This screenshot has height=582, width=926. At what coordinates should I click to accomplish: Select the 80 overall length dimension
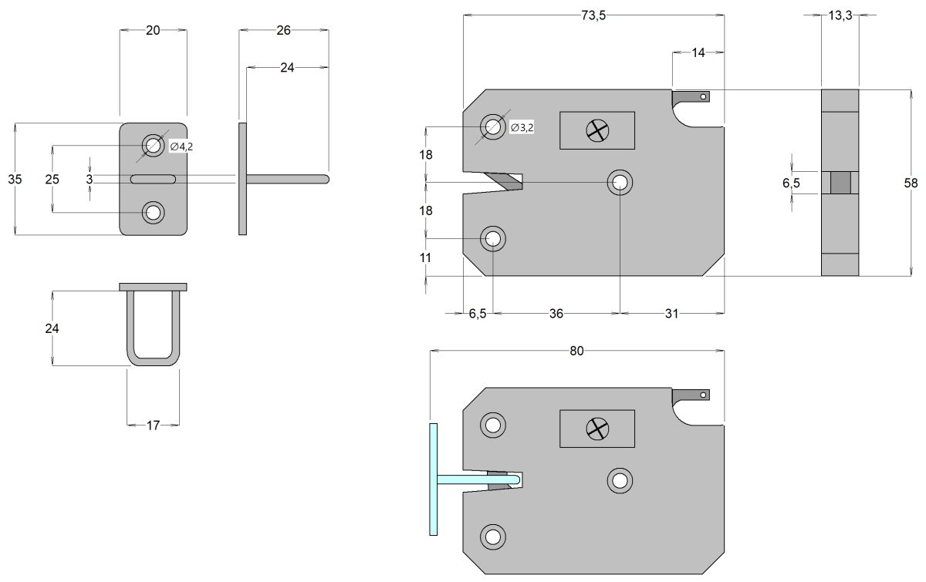pos(576,352)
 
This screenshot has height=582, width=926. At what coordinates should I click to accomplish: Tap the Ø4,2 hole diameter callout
pos(181,147)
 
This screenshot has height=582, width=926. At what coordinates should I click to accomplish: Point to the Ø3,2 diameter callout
pos(522,128)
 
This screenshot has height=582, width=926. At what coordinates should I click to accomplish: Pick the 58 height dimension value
pos(912,183)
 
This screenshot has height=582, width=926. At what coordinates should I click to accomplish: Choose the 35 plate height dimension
pos(15,179)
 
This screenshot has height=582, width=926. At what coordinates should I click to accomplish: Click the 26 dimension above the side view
pos(283,30)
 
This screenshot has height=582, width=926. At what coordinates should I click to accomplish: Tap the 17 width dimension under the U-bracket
pos(153,425)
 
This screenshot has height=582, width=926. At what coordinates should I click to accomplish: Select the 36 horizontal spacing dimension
pos(556,313)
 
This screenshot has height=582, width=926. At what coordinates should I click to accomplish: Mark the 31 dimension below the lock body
pos(671,313)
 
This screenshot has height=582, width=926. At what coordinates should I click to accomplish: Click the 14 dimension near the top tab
pos(698,53)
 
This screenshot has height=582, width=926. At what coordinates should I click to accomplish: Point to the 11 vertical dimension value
pos(426,257)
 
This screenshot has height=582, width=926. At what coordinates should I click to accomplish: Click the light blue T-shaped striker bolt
pos(434,479)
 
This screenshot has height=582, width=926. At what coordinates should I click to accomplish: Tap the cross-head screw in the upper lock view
pos(596,130)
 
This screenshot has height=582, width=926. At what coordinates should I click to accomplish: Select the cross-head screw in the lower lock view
pos(596,429)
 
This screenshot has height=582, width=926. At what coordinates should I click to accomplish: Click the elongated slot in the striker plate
pos(153,180)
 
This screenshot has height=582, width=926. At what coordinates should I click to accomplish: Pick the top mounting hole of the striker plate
pos(153,145)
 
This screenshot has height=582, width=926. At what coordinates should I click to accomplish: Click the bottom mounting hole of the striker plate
pos(153,213)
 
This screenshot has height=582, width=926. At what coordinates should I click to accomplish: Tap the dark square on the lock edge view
pos(840,183)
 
